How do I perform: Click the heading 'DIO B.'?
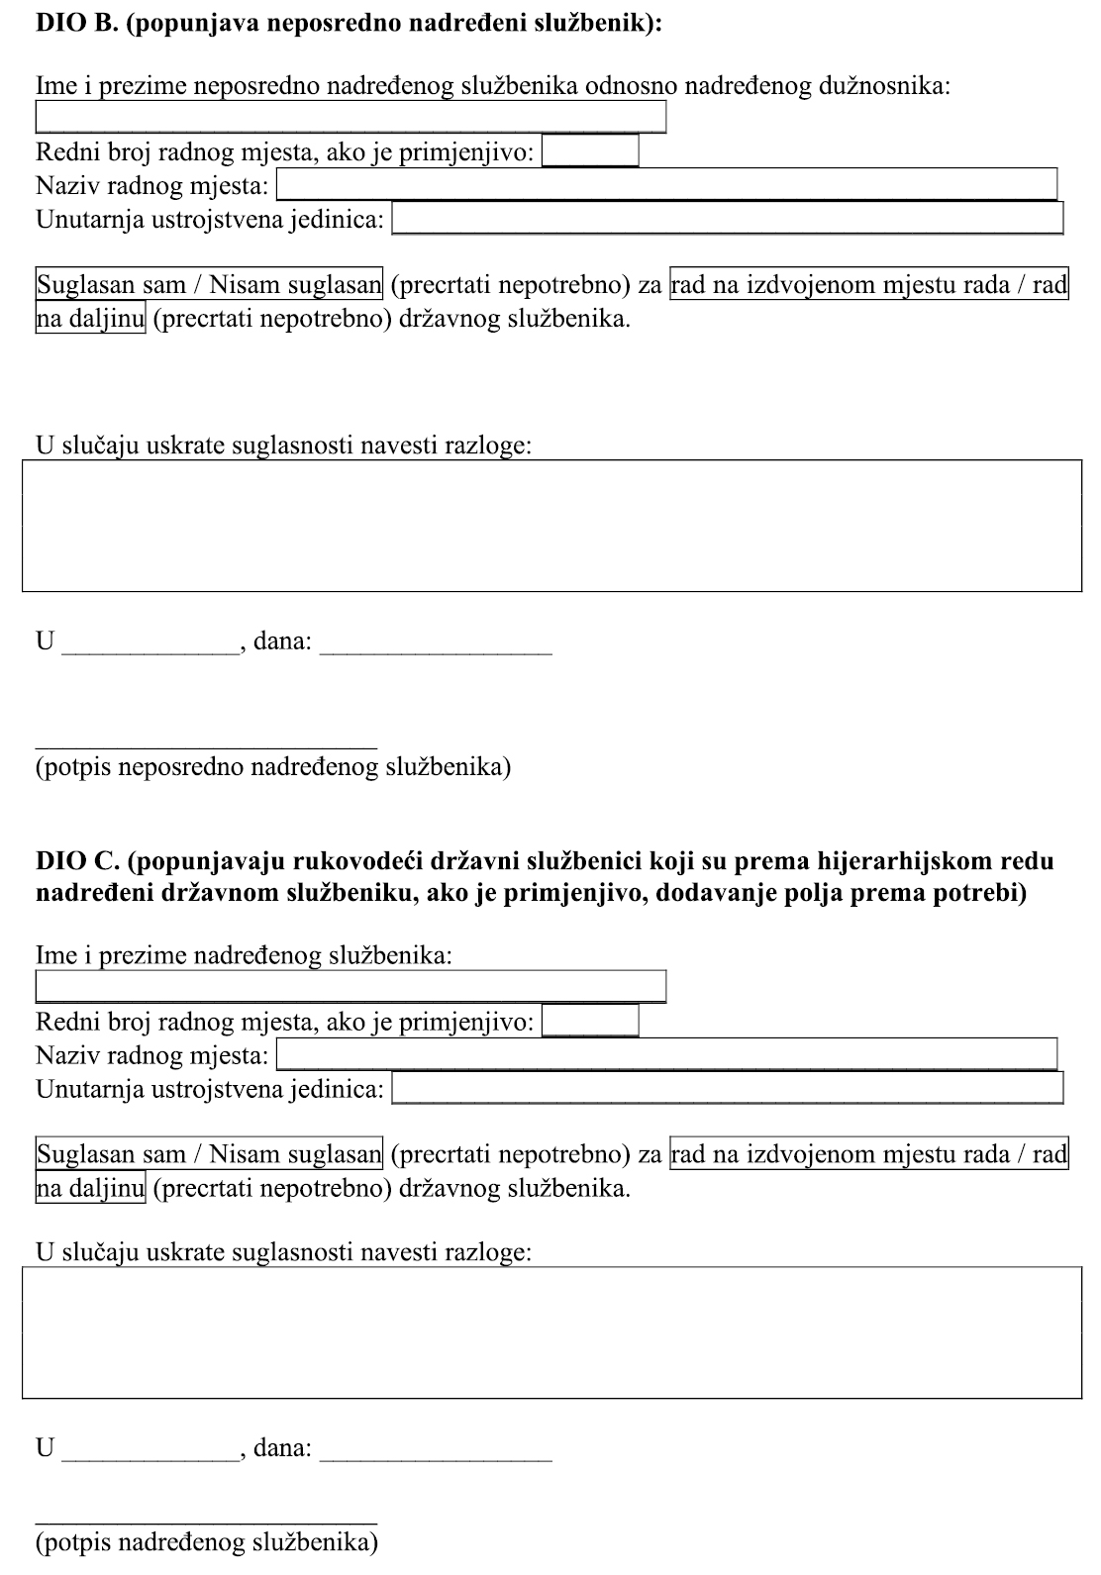[77, 24]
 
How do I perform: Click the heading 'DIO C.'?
[77, 861]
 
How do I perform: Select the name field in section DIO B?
[350, 117]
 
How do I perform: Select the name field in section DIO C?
[350, 986]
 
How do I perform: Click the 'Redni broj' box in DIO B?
[590, 151]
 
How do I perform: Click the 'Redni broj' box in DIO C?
[590, 1021]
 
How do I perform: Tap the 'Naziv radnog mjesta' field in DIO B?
[666, 185]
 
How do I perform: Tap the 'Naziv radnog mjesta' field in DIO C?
[666, 1054]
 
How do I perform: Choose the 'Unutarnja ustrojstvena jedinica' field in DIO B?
[727, 218]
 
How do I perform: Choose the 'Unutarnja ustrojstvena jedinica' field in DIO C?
[727, 1088]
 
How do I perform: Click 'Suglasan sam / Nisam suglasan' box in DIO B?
[209, 285]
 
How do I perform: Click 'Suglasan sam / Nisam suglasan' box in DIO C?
[209, 1154]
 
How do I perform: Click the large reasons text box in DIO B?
[551, 526]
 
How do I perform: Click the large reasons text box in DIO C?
[551, 1332]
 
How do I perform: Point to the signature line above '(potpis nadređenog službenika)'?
[206, 1523]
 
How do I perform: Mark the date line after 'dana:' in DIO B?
[436, 651]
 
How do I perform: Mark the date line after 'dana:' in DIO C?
[436, 1458]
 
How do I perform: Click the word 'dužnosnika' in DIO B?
[883, 86]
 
